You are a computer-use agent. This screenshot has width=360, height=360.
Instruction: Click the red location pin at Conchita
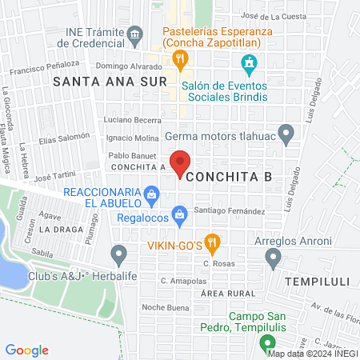point(181,162)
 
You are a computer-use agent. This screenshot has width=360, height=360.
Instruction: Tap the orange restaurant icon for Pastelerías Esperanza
point(181,58)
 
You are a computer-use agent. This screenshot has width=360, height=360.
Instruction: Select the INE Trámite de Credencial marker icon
point(134,34)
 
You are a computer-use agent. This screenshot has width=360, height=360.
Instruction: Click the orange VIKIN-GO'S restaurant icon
point(211,241)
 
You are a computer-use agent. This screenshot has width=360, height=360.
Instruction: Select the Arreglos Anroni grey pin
point(274,257)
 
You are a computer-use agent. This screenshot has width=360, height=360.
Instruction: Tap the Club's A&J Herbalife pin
point(119,256)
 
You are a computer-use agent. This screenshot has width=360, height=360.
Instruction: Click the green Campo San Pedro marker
point(266,345)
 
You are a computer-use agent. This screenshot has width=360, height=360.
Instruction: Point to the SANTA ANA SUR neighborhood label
point(110,82)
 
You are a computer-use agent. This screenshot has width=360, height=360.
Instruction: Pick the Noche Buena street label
point(163,307)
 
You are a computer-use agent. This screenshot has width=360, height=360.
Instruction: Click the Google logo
point(27,350)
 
